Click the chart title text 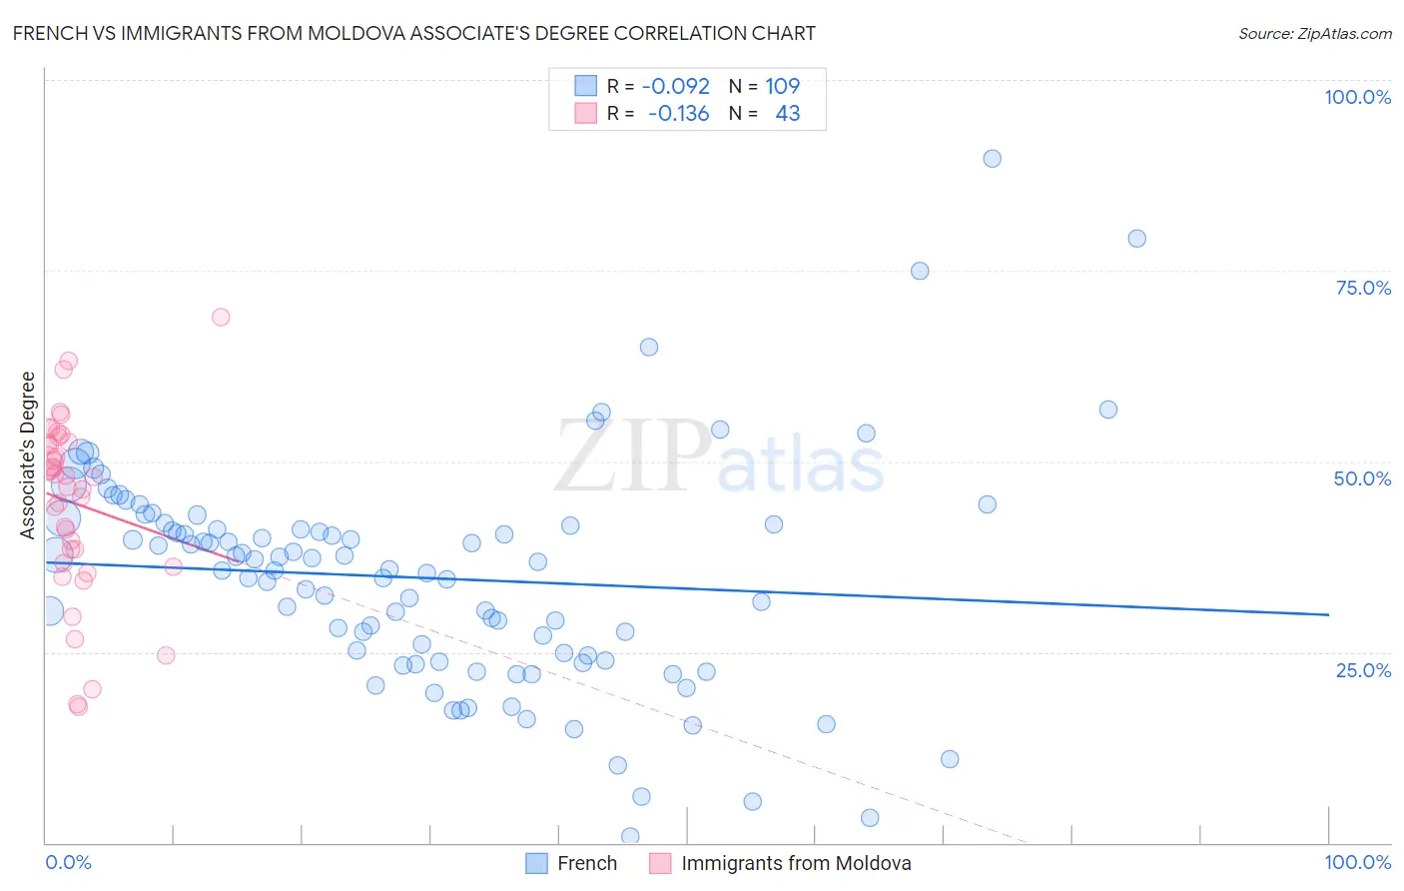click(413, 33)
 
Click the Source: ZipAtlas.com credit click(1314, 33)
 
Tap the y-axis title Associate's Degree click(28, 455)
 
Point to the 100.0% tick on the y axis click(1357, 97)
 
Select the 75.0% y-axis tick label click(1363, 288)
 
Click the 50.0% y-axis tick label click(1362, 478)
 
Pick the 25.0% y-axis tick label click(1363, 669)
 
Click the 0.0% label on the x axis click(68, 862)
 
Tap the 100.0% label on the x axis click(1357, 862)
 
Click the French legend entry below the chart click(587, 863)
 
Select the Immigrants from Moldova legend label click(796, 863)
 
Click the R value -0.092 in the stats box click(676, 86)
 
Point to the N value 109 click(783, 86)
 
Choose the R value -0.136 click(678, 113)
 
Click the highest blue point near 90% click(992, 159)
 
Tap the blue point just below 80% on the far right click(1136, 239)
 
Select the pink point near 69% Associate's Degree click(221, 317)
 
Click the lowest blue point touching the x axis click(630, 836)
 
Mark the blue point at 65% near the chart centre click(649, 348)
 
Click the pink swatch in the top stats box click(585, 113)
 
